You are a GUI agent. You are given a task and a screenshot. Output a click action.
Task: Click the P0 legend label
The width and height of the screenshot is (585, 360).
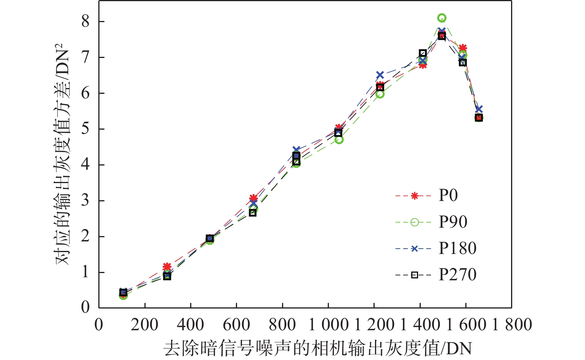(x=448, y=196)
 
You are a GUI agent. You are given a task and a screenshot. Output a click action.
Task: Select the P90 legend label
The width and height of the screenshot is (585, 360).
(x=453, y=222)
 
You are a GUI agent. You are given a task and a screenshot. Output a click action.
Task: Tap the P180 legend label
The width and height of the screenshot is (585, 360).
(x=457, y=248)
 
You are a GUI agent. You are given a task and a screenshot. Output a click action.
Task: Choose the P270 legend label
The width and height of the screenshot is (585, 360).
(x=457, y=275)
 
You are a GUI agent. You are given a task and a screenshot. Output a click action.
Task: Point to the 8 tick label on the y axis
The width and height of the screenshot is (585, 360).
(x=85, y=21)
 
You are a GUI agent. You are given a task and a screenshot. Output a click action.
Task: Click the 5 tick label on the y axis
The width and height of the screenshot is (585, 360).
(x=85, y=129)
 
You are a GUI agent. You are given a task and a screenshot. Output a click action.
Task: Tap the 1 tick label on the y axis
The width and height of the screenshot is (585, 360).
(x=85, y=272)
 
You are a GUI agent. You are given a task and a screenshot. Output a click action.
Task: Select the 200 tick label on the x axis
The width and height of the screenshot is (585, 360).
(x=144, y=325)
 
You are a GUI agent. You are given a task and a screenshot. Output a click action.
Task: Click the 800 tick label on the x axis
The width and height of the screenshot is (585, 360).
(x=282, y=325)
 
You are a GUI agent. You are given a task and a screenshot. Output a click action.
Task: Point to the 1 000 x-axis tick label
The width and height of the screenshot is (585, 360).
(x=329, y=325)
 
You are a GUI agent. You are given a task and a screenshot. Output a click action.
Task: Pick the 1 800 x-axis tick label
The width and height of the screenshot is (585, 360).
(x=512, y=325)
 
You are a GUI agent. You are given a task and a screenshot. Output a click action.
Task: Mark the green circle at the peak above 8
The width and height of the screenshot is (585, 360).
(x=442, y=18)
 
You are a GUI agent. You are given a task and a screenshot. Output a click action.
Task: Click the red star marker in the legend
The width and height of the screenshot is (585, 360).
(x=415, y=196)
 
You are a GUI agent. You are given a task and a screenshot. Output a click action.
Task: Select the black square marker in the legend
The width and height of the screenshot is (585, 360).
(x=415, y=275)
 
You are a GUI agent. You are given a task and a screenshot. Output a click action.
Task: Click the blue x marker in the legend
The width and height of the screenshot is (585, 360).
(x=415, y=249)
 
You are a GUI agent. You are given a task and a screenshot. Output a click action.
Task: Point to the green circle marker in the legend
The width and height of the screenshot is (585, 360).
(x=415, y=222)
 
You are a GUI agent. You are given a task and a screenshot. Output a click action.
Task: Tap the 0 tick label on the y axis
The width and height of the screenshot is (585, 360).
(x=85, y=307)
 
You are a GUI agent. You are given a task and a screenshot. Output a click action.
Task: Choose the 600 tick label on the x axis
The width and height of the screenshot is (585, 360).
(x=236, y=325)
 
